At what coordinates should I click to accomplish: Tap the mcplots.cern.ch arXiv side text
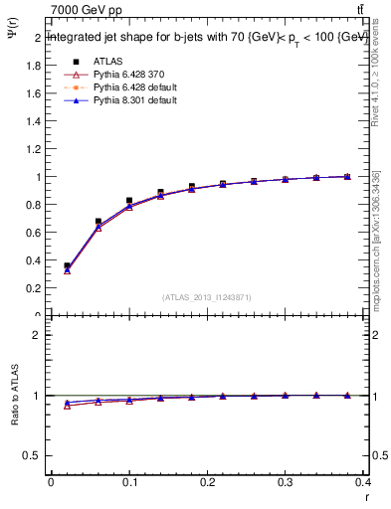pos(376,239)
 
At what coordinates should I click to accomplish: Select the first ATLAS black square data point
pos(67,266)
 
